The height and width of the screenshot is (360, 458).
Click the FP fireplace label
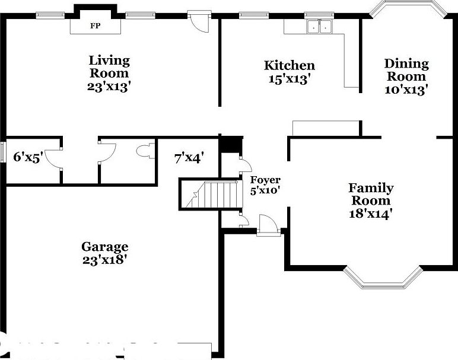(x=95, y=26)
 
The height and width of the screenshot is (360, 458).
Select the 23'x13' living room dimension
(x=109, y=85)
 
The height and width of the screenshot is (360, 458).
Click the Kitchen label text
(x=289, y=65)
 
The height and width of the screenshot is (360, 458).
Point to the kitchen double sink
(x=319, y=26)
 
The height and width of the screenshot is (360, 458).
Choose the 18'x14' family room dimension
(x=370, y=213)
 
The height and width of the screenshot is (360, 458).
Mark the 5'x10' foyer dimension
(x=265, y=190)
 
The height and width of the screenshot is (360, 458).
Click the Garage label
(x=104, y=247)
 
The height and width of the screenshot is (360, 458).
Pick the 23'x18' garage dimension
(x=104, y=259)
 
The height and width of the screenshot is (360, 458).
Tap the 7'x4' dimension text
(x=189, y=158)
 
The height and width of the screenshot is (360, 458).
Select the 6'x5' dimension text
(x=28, y=157)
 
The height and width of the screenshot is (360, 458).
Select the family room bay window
(x=383, y=278)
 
